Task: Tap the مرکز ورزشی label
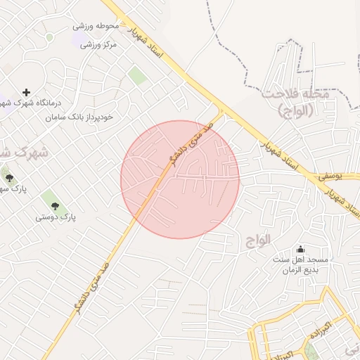point(98,44)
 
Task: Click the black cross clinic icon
point(27,92)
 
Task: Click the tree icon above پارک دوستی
point(55,206)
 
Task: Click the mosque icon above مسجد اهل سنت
point(301,249)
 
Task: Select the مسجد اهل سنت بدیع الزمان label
point(301,264)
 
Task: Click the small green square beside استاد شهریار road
point(138,77)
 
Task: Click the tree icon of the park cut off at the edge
point(8,178)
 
